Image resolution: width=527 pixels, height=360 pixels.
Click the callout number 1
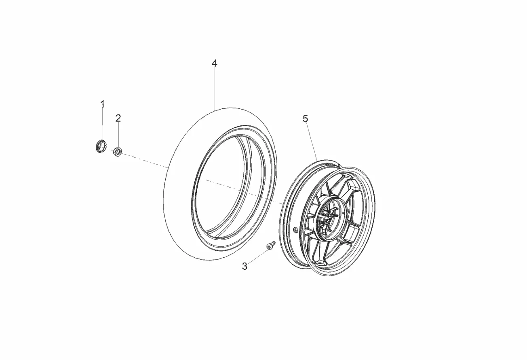click(x=102, y=104)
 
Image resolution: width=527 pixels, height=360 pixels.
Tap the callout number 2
click(x=118, y=118)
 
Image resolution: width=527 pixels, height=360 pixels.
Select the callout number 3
click(x=245, y=266)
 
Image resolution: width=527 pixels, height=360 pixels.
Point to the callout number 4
click(x=215, y=63)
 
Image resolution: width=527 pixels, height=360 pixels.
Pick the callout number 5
click(x=305, y=119)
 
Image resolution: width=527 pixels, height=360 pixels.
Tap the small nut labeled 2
click(x=117, y=151)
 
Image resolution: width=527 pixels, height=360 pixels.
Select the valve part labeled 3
click(x=270, y=245)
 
